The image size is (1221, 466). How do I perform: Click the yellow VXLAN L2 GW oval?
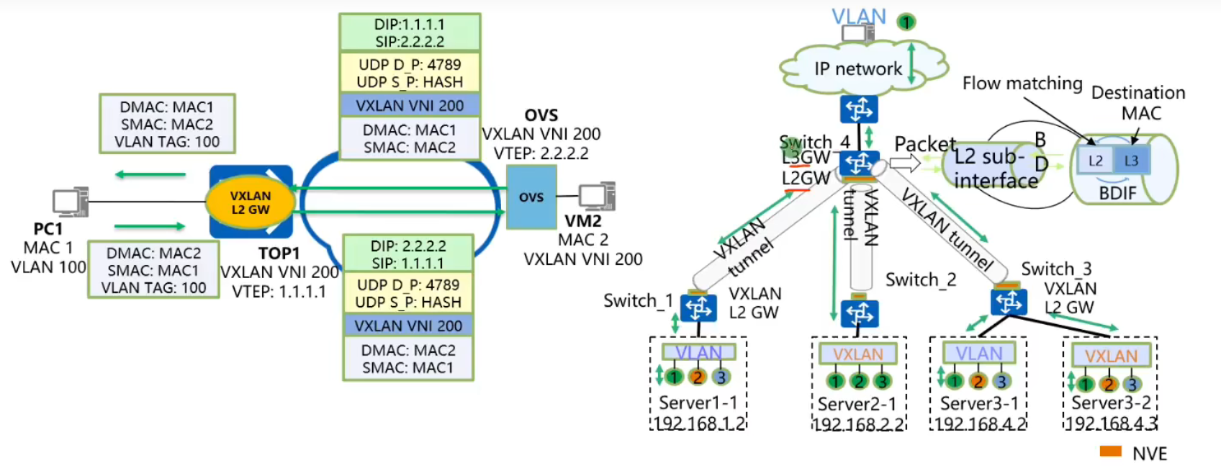pos(250,202)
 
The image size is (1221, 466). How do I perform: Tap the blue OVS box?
pos(531,197)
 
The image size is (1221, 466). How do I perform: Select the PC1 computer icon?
pos(71,202)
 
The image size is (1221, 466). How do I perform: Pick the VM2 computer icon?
pos(597,196)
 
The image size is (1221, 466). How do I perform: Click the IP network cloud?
pos(857,68)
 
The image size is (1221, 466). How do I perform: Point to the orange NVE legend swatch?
pos(1110,452)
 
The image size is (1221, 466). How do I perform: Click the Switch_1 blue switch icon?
pos(698,308)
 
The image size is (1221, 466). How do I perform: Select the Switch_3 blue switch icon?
pos(1009,302)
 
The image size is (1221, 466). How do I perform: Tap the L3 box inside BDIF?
pos(1131,161)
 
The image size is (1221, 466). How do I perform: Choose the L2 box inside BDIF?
pos(1095,161)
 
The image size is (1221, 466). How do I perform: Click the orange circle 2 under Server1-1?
pos(697,377)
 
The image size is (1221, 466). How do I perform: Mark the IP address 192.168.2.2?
pos(857,424)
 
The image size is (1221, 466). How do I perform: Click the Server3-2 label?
pos(1111,403)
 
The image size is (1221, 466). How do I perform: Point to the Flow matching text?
pos(1022,84)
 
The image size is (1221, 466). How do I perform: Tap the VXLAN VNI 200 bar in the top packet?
pos(410,106)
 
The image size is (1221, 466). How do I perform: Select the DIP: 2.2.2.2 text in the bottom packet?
pos(408,246)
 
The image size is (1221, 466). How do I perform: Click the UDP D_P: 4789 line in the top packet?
pos(410,65)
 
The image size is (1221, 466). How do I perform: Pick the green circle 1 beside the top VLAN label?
pos(906,22)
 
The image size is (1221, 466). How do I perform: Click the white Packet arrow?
pos(905,163)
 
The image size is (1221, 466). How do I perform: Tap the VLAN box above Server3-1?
pos(978,353)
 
